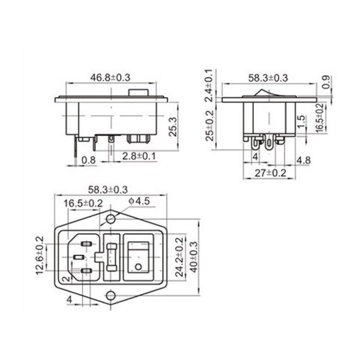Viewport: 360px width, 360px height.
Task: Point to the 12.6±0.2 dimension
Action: (x=40, y=255)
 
